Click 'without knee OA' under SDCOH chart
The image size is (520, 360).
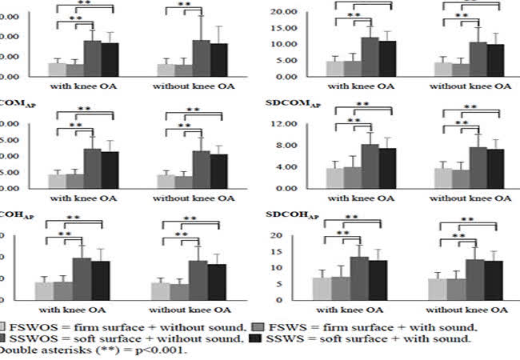(x=467, y=308)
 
